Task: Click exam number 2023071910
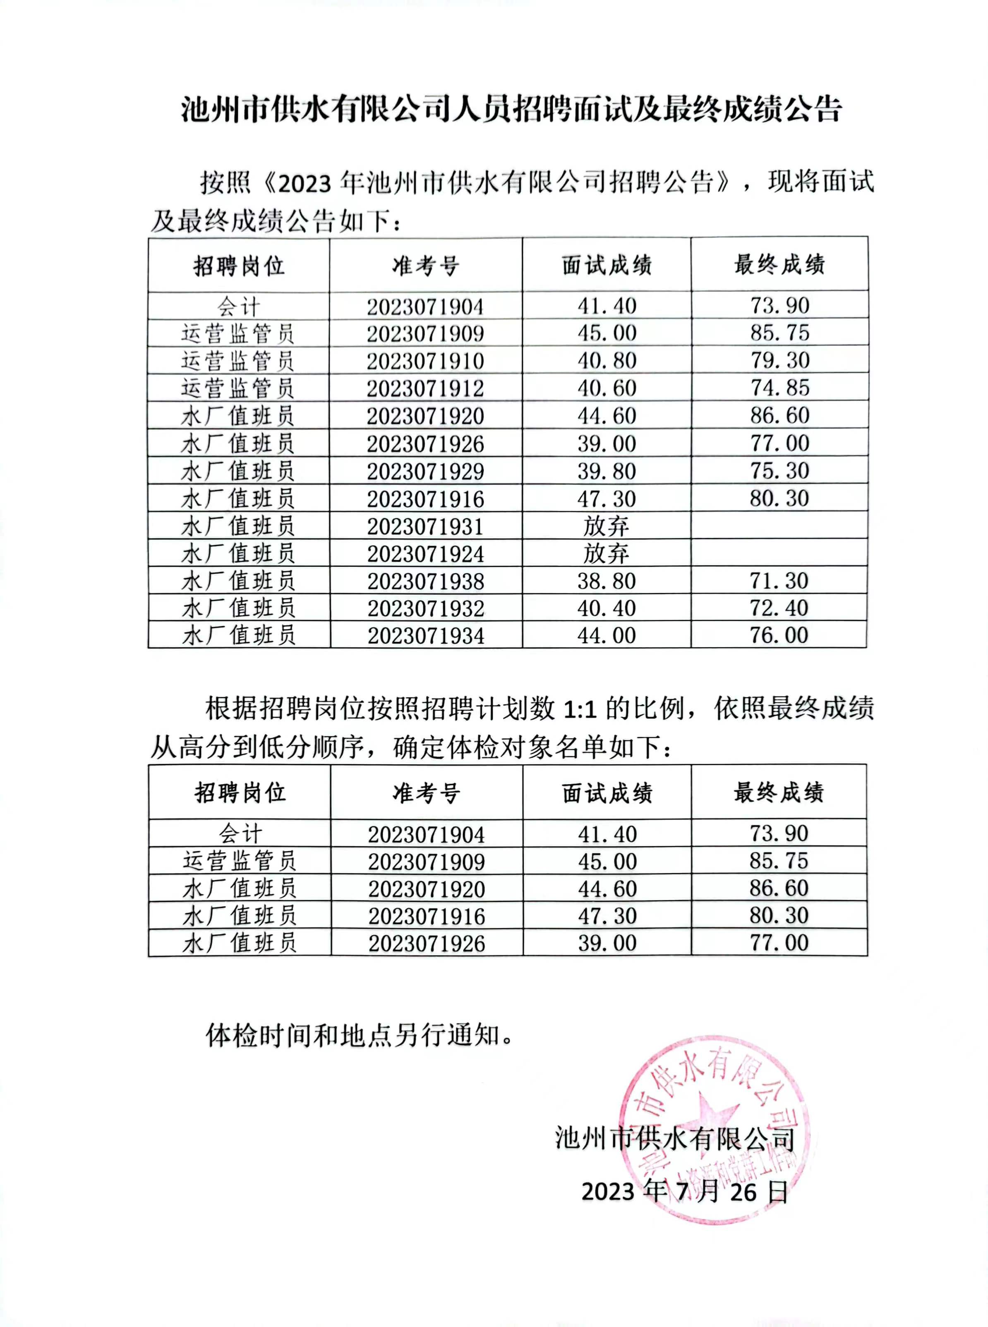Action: (x=425, y=361)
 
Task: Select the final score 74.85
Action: (x=780, y=388)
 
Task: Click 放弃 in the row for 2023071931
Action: (x=607, y=526)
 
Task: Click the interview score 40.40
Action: (x=607, y=608)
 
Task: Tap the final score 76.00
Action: (x=779, y=635)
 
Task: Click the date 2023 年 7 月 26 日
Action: (x=685, y=1191)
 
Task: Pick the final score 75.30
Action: (x=780, y=471)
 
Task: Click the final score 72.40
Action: (x=779, y=608)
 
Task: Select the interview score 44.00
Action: (x=607, y=635)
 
